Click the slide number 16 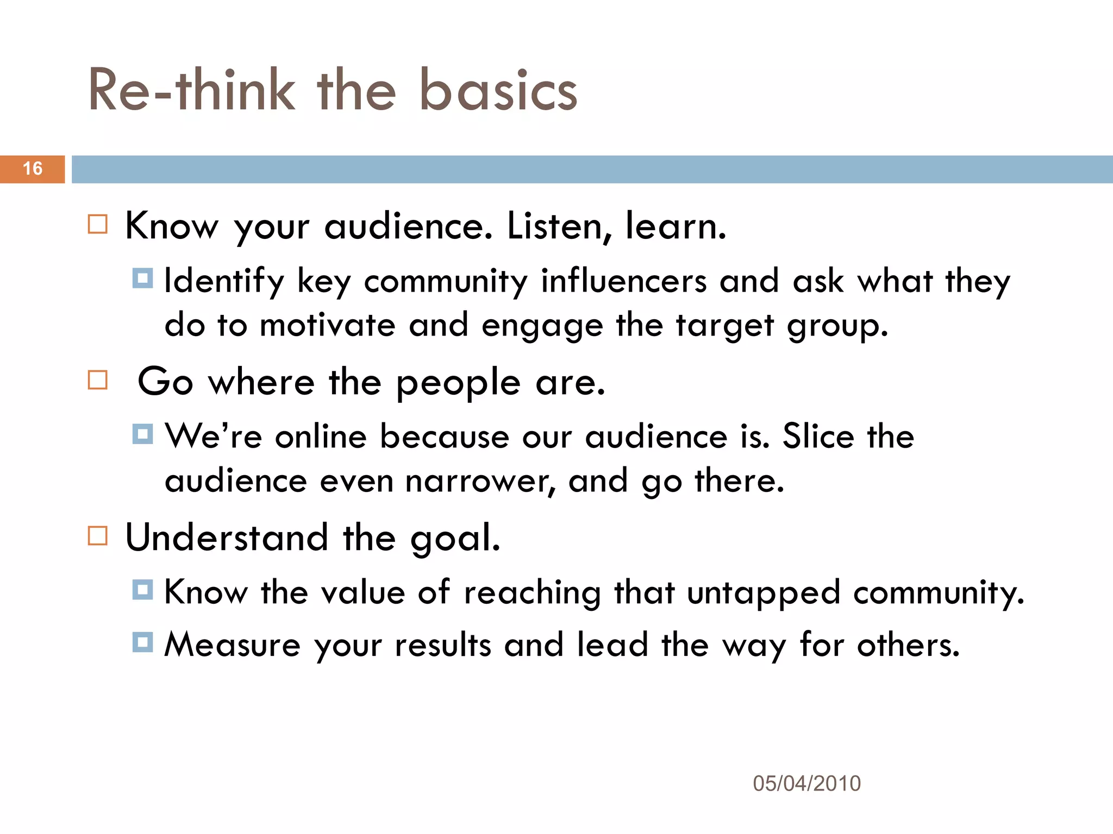[x=33, y=168]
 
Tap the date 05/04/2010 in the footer [x=806, y=784]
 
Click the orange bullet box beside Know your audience [x=98, y=224]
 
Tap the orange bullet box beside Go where [x=98, y=380]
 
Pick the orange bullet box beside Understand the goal [x=98, y=536]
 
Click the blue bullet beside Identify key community [x=142, y=278]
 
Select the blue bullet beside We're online [x=142, y=434]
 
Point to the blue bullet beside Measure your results [x=142, y=642]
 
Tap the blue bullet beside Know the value [x=142, y=590]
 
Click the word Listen [x=560, y=226]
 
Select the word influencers [x=624, y=281]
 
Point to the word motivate [x=327, y=326]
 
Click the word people [x=458, y=383]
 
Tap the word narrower [x=480, y=482]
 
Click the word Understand [x=227, y=538]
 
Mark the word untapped [x=764, y=593]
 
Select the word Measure [x=233, y=645]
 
